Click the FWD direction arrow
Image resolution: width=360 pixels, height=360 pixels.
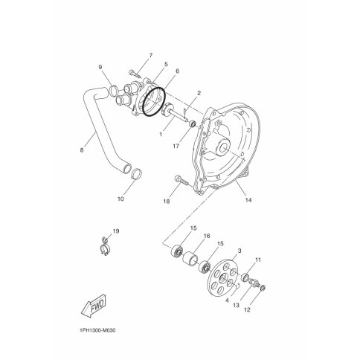94,306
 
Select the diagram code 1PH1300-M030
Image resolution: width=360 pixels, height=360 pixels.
97,330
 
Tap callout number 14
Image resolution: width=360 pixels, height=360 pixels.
248,200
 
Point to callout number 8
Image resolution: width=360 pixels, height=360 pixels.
82,150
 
